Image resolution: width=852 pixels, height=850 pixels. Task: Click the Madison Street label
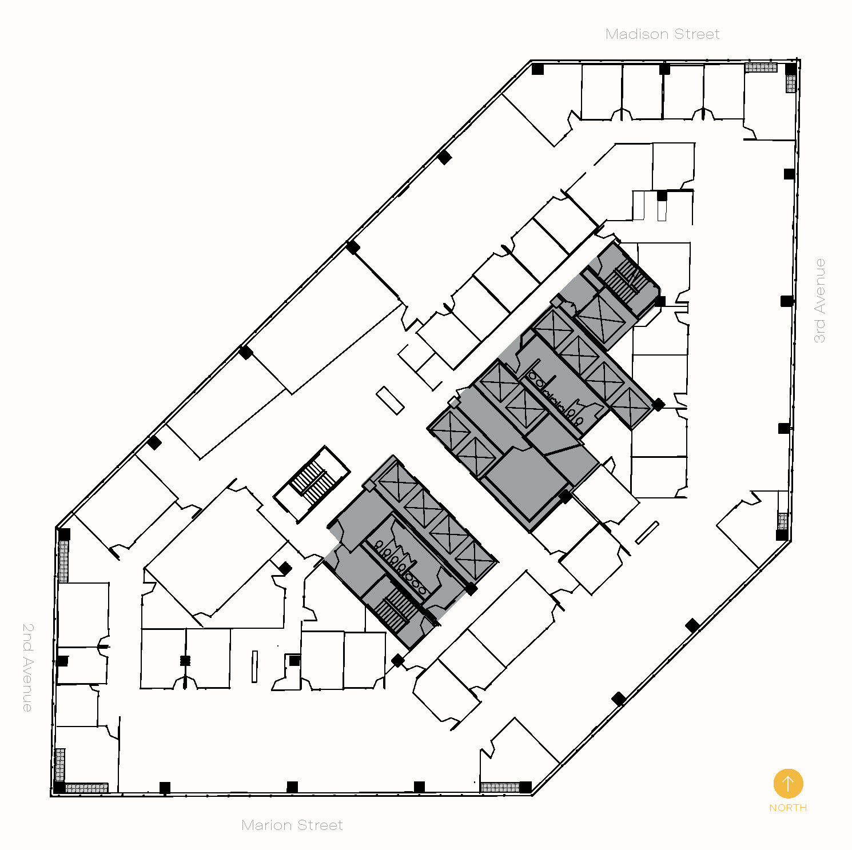[x=662, y=34]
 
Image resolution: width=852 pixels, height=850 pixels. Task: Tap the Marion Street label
[x=292, y=825]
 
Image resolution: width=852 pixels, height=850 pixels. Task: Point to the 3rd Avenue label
[x=820, y=301]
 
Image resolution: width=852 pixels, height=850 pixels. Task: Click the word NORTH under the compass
[x=787, y=808]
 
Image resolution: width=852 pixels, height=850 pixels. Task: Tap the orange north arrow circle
[x=788, y=783]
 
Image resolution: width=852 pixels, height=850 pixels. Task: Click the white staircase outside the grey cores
[x=312, y=483]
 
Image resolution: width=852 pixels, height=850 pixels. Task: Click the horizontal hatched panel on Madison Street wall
[x=761, y=67]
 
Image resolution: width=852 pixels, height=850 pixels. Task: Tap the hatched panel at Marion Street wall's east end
[x=499, y=787]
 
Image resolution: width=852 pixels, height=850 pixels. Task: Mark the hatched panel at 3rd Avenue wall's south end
[x=782, y=521]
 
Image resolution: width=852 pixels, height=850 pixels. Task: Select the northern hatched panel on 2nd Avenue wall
[x=63, y=561]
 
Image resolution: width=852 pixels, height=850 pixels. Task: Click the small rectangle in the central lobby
[x=391, y=400]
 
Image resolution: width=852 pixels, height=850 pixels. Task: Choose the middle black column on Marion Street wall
[x=292, y=787]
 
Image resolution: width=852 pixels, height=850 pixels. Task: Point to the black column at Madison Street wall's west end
[x=538, y=69]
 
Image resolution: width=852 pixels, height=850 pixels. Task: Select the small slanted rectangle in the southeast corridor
[x=647, y=533]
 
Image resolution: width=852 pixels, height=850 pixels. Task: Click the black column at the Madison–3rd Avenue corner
[x=790, y=69]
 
